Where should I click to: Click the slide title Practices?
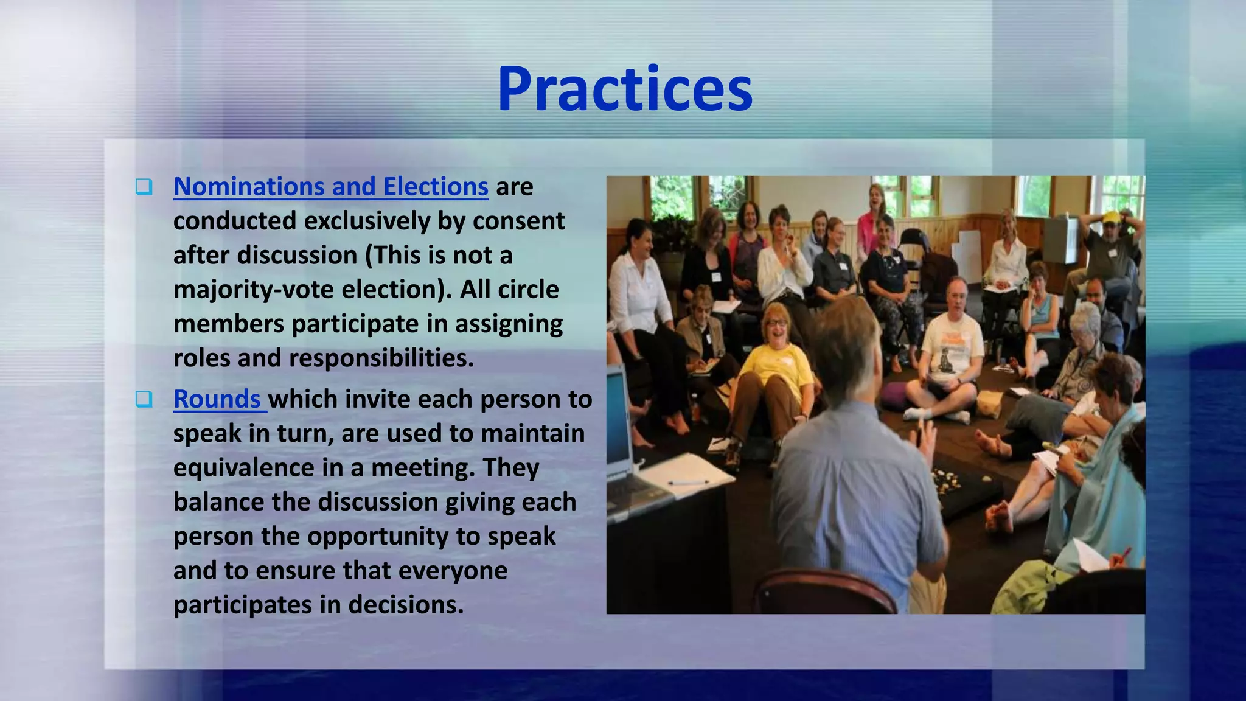click(625, 89)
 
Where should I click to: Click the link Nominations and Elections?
click(330, 186)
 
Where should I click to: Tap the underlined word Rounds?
click(217, 399)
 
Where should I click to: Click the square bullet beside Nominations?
click(144, 186)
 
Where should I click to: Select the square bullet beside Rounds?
click(144, 399)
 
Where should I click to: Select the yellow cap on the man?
click(1111, 217)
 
